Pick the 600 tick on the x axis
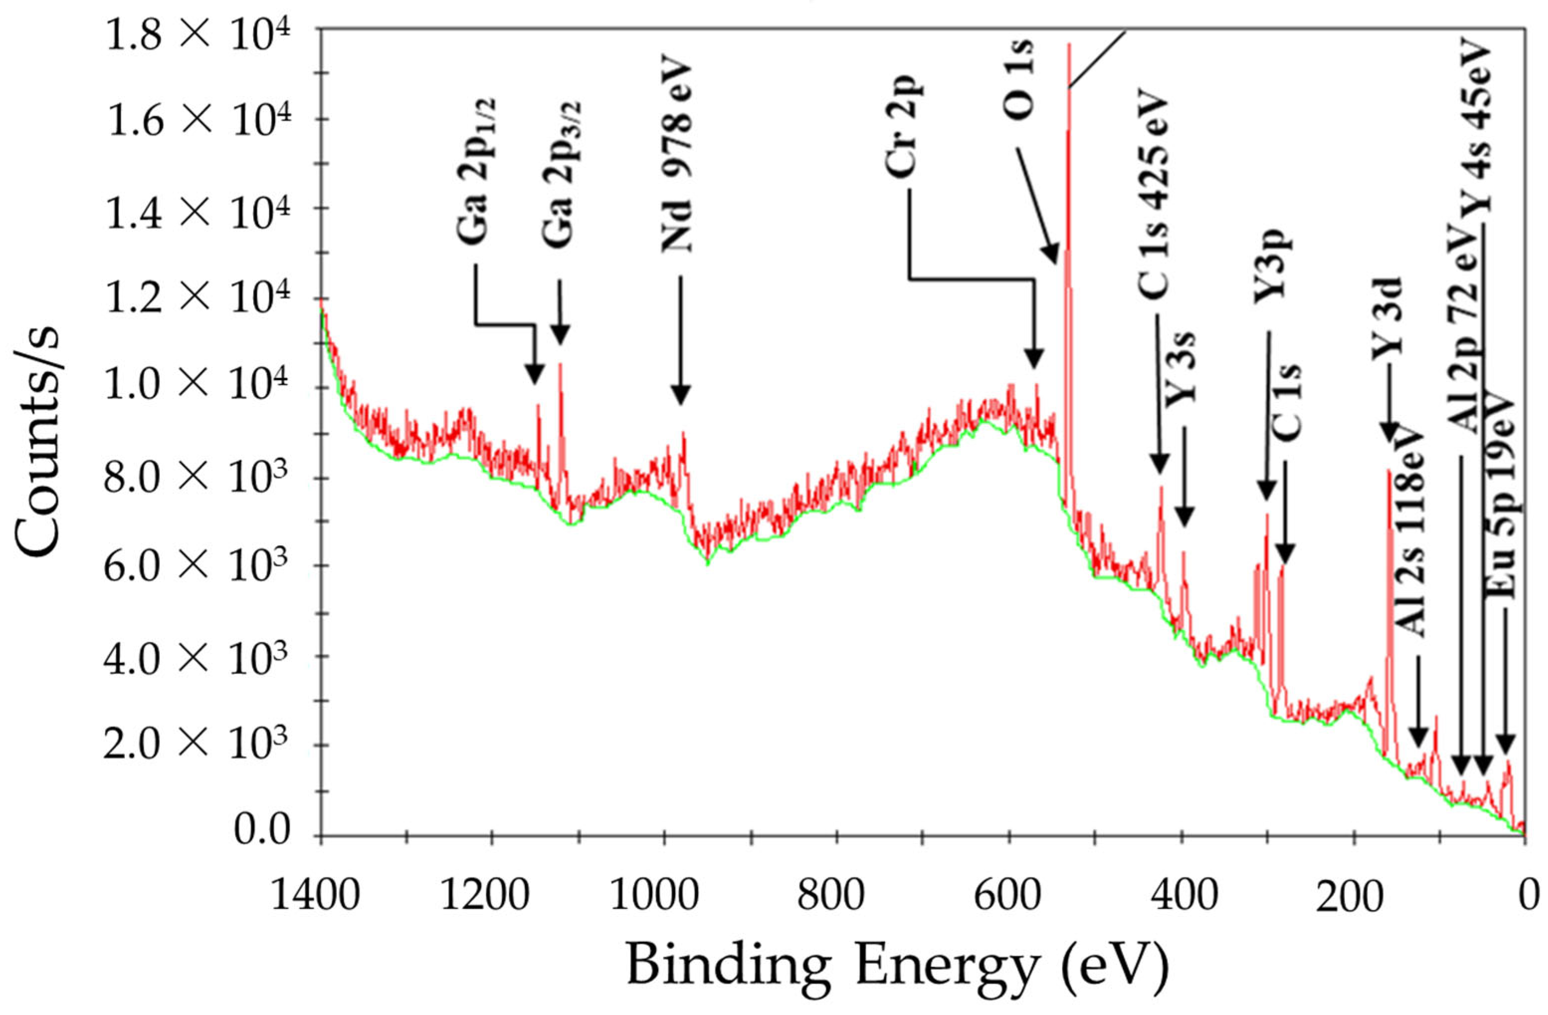(1009, 897)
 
